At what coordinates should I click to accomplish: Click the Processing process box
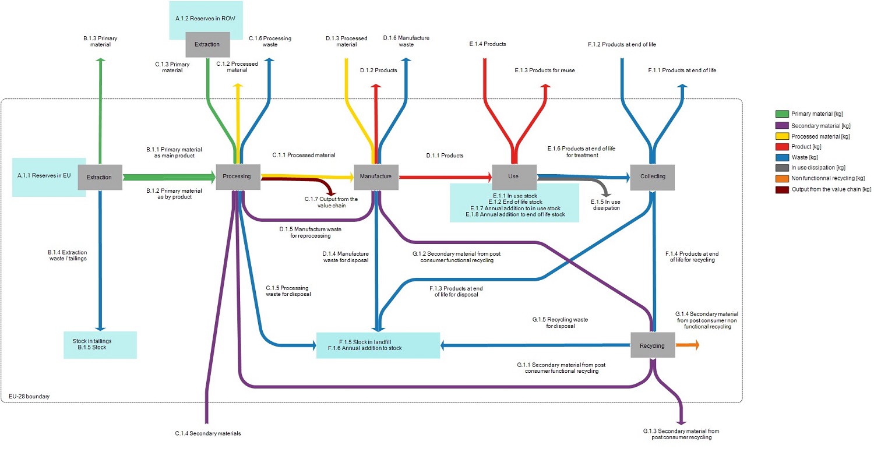[x=237, y=176]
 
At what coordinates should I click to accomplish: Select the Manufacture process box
[x=376, y=176]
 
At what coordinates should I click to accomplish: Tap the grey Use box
[x=513, y=176]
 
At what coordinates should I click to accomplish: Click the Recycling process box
[x=652, y=345]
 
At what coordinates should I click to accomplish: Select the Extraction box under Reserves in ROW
[x=207, y=44]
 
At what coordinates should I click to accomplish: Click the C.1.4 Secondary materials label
[x=208, y=433]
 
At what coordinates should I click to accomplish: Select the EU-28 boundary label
[x=29, y=396]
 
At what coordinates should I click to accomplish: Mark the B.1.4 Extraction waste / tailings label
[x=67, y=255]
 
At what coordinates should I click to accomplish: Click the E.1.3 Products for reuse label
[x=544, y=70]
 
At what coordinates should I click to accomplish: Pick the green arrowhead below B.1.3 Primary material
[x=100, y=60]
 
